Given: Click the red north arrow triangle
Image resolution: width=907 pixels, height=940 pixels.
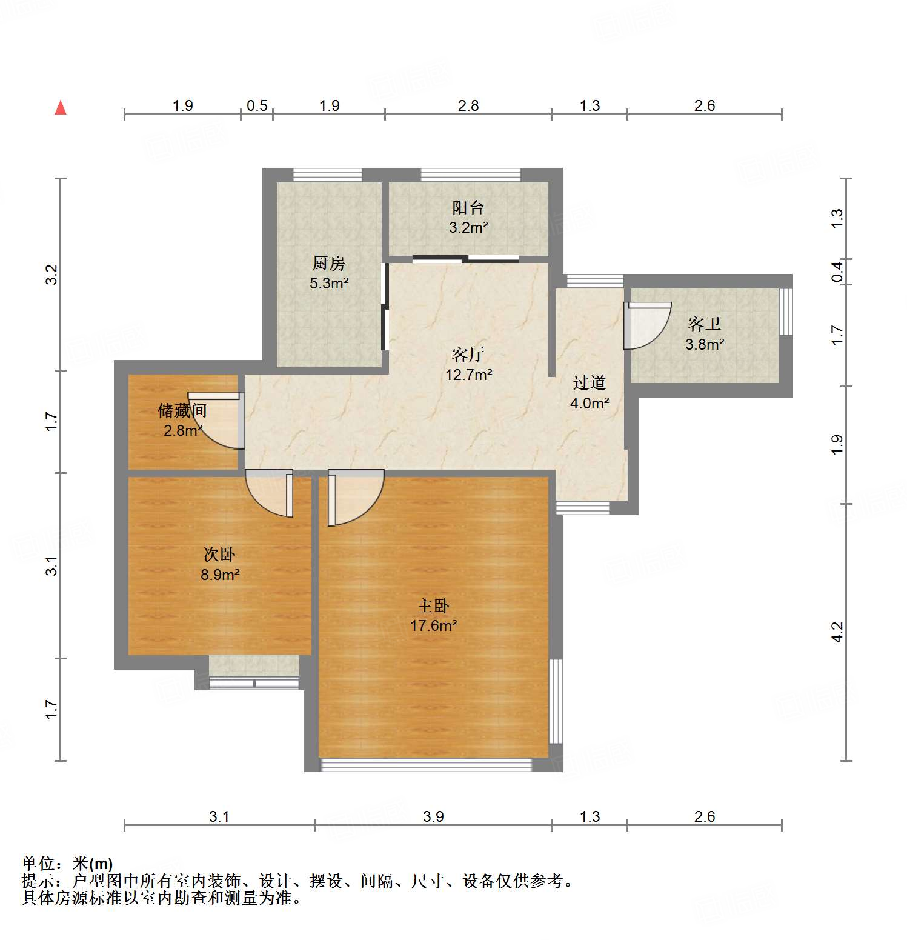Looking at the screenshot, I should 61,108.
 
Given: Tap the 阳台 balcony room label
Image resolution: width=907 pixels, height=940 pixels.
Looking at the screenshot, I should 468,208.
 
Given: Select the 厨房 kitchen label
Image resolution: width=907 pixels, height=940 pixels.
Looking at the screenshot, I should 329,264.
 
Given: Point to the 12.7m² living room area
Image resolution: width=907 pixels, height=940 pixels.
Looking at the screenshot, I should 468,375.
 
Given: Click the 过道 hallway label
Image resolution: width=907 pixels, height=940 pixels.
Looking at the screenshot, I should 589,383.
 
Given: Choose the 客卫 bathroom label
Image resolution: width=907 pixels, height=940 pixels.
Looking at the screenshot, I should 704,324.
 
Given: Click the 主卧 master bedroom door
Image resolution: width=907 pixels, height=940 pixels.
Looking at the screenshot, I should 354,497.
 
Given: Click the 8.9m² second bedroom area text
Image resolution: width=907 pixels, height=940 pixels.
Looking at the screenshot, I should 220,575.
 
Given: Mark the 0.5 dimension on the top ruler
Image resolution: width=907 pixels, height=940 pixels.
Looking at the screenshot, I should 257,106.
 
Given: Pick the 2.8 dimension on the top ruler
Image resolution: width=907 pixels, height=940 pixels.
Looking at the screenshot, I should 468,106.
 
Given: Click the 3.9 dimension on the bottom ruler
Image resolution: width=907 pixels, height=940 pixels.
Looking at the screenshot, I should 433,817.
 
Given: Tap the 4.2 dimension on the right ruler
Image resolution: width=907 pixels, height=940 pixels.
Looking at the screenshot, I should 837,633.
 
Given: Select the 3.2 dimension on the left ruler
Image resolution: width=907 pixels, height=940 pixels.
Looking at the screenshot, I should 52,275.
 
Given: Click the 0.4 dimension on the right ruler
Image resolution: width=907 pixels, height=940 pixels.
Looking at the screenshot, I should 837,272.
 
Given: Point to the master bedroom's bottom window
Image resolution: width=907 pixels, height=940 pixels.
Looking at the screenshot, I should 426,765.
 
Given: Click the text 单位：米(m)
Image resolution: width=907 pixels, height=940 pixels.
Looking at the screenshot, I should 67,864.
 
